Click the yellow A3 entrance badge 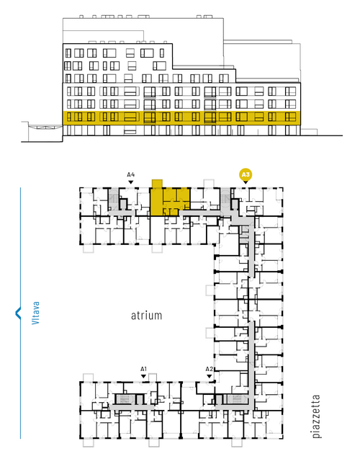(246, 175)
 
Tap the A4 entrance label (131, 175)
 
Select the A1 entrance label (143, 369)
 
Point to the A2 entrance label (209, 369)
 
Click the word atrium (146, 316)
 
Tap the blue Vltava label (35, 313)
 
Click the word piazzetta (316, 416)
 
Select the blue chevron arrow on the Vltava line (18, 313)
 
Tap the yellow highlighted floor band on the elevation (181, 117)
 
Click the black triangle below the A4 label (131, 182)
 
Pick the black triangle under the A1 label (143, 376)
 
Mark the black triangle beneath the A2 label (209, 376)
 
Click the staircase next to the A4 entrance (113, 199)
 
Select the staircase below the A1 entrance (125, 398)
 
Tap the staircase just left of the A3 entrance (225, 199)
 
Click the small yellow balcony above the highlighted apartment (157, 184)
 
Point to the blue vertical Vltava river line (20, 313)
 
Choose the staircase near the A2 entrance (238, 398)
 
